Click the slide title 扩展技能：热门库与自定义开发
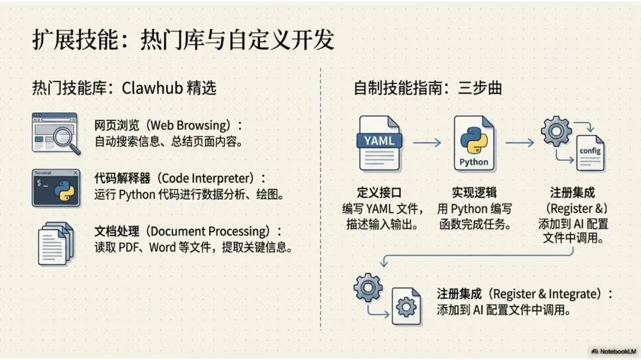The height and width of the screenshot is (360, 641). (183, 40)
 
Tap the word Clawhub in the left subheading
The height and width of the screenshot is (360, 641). (150, 88)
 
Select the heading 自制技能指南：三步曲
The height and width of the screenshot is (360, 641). (427, 88)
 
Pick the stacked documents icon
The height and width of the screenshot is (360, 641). (56, 243)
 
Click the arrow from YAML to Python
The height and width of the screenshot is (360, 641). (427, 142)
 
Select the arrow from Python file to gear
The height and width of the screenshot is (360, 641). (519, 142)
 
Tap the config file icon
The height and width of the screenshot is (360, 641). (591, 152)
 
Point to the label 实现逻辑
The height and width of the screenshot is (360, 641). (474, 193)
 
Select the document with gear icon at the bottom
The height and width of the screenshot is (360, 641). (406, 305)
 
